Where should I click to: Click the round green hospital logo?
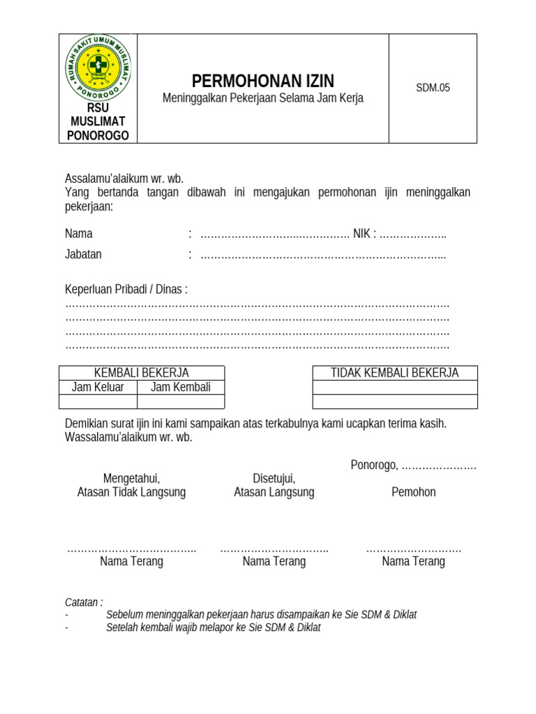pyautogui.click(x=98, y=68)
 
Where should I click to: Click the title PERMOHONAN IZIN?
pyautogui.click(x=263, y=81)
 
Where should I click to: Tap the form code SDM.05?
pyautogui.click(x=433, y=88)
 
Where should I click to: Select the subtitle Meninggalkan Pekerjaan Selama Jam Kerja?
pyautogui.click(x=263, y=98)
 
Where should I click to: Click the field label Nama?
pyautogui.click(x=79, y=234)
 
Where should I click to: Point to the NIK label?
pyautogui.click(x=362, y=234)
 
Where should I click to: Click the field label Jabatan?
pyautogui.click(x=83, y=254)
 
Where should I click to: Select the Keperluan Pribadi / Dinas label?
pyautogui.click(x=126, y=289)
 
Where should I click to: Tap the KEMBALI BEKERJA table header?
pyautogui.click(x=142, y=373)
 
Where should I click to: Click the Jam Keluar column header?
pyautogui.click(x=98, y=387)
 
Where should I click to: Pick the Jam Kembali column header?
pyautogui.click(x=181, y=387)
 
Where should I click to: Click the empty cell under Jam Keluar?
pyautogui.click(x=98, y=401)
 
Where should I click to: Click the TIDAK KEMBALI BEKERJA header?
pyautogui.click(x=394, y=373)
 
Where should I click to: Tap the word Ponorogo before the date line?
pyautogui.click(x=373, y=465)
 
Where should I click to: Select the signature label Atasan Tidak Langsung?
pyautogui.click(x=131, y=492)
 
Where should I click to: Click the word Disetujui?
pyautogui.click(x=274, y=478)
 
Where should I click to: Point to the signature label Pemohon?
pyautogui.click(x=413, y=492)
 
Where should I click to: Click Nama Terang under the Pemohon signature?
pyautogui.click(x=413, y=561)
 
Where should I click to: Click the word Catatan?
pyautogui.click(x=84, y=602)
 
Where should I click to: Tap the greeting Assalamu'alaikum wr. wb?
pyautogui.click(x=124, y=178)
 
